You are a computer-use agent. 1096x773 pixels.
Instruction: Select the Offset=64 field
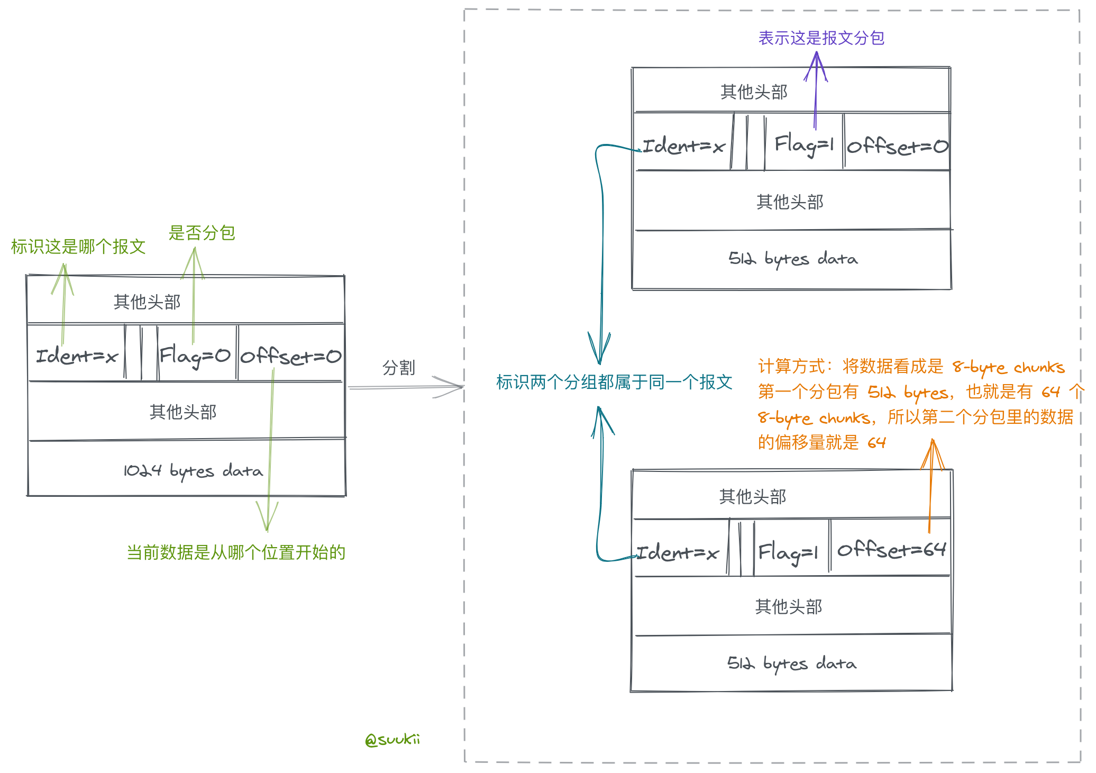(891, 550)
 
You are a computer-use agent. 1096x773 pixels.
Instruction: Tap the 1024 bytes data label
(193, 470)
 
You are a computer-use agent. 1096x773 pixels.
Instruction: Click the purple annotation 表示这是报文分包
(821, 38)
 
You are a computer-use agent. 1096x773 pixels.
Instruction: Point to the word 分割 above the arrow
(398, 368)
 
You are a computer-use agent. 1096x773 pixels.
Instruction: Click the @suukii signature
(392, 739)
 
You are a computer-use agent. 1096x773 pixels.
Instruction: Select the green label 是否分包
(202, 233)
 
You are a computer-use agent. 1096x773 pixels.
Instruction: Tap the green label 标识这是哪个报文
(78, 247)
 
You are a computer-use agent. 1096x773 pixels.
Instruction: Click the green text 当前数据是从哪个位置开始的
(236, 552)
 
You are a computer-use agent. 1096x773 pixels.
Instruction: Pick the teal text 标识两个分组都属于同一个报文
(614, 382)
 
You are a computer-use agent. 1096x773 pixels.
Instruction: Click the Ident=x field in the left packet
(77, 356)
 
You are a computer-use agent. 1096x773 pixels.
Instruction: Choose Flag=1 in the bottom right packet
(788, 552)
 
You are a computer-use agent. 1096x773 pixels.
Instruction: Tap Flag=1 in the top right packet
(804, 144)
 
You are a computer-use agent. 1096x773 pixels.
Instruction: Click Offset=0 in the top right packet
(898, 146)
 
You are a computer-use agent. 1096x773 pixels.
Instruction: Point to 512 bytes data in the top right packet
(793, 259)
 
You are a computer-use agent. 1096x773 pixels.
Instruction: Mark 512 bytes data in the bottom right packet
(792, 663)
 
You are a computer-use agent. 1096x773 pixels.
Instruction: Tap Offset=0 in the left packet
(291, 356)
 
